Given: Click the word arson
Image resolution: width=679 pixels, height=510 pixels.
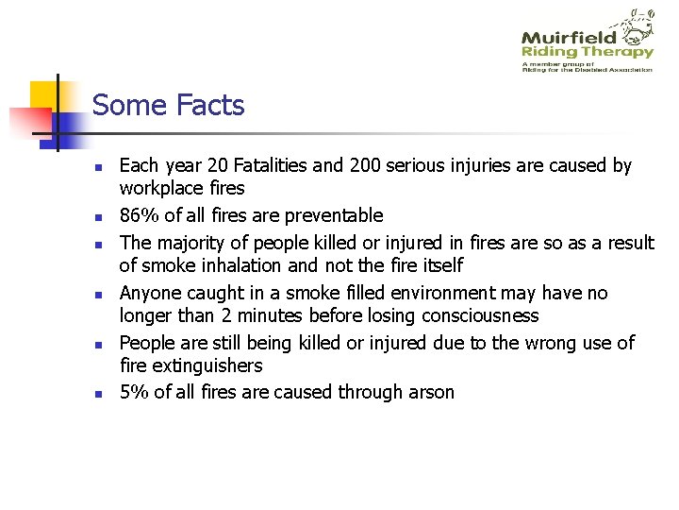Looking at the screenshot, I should pyautogui.click(x=428, y=392).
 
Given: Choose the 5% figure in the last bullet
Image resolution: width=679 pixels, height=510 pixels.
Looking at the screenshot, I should pyautogui.click(x=133, y=392).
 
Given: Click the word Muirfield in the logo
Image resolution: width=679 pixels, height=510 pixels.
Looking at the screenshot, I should pyautogui.click(x=569, y=37).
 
